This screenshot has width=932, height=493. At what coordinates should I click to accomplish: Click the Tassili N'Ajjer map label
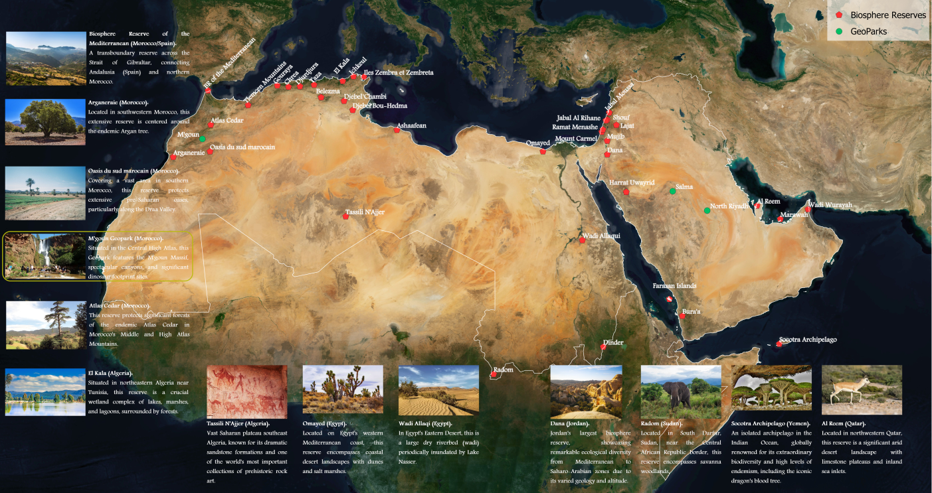coord(365,213)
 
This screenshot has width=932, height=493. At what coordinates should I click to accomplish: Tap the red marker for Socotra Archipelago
coord(779,344)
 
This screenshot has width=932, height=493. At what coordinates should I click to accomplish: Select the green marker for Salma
coord(672,191)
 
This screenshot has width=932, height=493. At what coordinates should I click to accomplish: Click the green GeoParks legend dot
coord(839,31)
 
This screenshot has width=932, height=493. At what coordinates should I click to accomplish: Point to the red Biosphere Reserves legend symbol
coord(839,15)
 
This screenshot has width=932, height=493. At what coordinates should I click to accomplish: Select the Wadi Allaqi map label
coord(601,236)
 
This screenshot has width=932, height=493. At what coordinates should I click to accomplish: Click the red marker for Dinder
coord(603,347)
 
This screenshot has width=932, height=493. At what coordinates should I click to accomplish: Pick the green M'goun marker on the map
coord(203,139)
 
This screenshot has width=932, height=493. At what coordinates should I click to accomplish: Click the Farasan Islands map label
coord(674,286)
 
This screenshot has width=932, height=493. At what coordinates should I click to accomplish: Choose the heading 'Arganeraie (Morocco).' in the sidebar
coord(118,103)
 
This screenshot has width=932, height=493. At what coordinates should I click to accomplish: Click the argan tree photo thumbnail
coord(45,122)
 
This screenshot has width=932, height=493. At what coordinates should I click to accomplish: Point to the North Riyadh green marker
coord(707,210)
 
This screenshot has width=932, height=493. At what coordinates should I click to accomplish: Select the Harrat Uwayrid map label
coord(632,182)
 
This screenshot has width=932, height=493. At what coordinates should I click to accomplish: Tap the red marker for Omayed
coord(543,152)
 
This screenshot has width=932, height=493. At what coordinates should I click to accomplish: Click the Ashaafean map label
coord(411,125)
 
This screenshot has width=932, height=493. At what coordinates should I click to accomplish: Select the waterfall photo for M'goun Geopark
coord(45,255)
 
